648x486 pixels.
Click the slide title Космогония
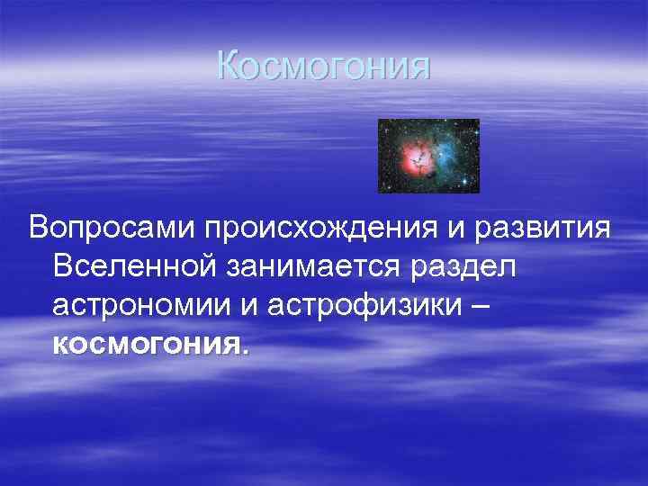coord(324,66)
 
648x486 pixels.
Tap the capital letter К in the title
coord(229,66)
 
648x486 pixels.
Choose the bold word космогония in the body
coord(146,344)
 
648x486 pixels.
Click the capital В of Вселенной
coord(63,266)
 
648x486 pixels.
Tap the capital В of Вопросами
coord(39,228)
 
